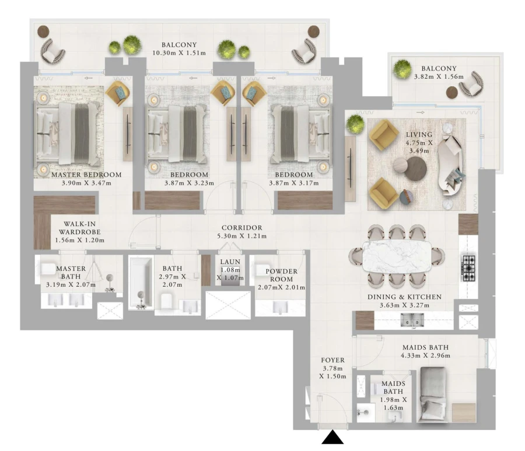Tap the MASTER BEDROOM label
(86, 174)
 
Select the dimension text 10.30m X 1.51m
(180, 54)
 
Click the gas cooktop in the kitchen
(468, 268)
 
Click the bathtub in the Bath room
(140, 283)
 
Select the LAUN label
(226, 262)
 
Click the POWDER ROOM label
(281, 275)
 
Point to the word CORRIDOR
(242, 228)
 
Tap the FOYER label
(333, 360)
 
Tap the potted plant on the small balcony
(401, 68)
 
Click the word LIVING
(419, 135)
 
